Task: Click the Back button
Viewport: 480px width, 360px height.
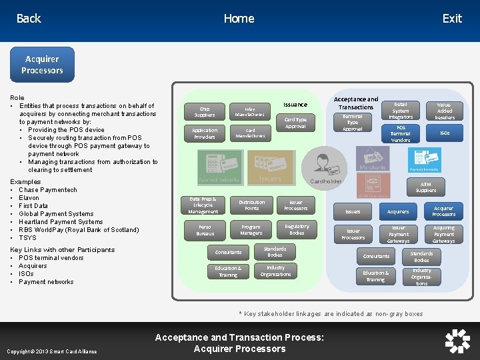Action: (29, 19)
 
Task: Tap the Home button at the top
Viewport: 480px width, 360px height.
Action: (239, 19)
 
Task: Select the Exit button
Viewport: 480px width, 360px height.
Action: (452, 19)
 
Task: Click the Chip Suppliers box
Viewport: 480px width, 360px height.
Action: (204, 111)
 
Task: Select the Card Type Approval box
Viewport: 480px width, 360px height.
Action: (295, 123)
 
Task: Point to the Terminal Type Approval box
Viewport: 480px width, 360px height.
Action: (353, 123)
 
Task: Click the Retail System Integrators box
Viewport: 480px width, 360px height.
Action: (401, 111)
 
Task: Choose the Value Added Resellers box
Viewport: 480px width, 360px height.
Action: (445, 111)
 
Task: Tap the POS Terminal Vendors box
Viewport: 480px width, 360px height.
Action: (401, 133)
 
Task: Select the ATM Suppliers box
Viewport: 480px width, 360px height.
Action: (426, 187)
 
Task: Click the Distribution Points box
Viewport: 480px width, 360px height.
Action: (251, 205)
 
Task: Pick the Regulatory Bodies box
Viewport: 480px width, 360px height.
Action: (297, 229)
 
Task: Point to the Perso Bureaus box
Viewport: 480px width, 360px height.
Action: (205, 231)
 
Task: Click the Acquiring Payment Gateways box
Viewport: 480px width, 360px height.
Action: (444, 234)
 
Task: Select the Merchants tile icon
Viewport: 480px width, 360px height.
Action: (373, 159)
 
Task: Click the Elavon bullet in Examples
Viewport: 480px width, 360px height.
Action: (29, 198)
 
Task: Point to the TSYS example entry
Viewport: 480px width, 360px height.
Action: (28, 238)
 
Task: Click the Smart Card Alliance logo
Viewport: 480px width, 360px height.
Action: (457, 341)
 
